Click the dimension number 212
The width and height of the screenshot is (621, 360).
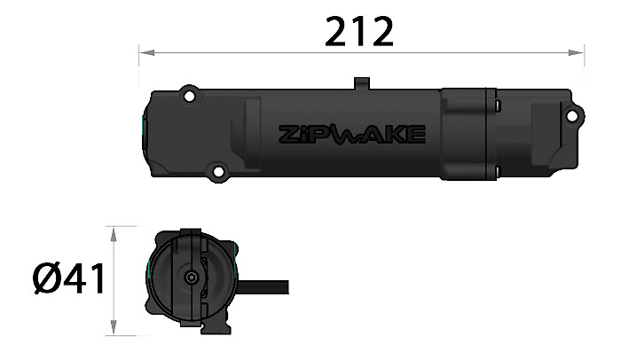click(x=359, y=31)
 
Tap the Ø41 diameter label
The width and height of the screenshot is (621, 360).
click(x=69, y=278)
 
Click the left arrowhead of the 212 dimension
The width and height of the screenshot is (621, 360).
click(x=147, y=52)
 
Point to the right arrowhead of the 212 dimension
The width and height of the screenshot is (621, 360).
click(x=576, y=52)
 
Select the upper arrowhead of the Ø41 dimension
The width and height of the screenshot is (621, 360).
click(x=114, y=234)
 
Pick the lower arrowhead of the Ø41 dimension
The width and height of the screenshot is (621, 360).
click(x=114, y=327)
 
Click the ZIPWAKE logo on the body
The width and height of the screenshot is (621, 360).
click(x=352, y=135)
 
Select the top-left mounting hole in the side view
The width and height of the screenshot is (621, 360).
click(x=190, y=96)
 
